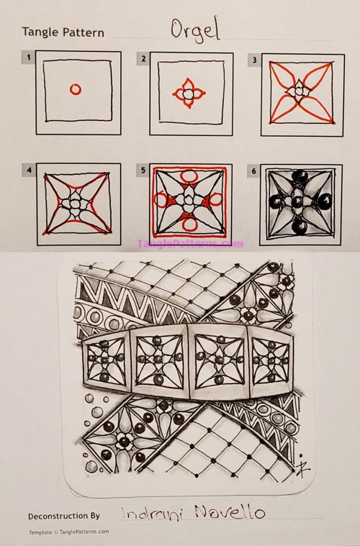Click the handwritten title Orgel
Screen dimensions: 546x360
[x=195, y=29]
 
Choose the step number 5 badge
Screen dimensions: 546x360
[x=144, y=170]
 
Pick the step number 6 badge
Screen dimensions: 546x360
[x=255, y=170]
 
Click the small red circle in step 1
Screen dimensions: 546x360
[x=76, y=90]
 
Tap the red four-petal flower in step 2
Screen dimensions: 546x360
[x=189, y=94]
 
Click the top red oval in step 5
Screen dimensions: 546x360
[x=189, y=175]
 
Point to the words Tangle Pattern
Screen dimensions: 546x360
[x=63, y=32]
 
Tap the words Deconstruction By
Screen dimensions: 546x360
[x=64, y=516]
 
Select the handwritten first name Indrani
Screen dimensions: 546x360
[x=148, y=514]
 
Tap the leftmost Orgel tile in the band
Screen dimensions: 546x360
[x=105, y=360]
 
